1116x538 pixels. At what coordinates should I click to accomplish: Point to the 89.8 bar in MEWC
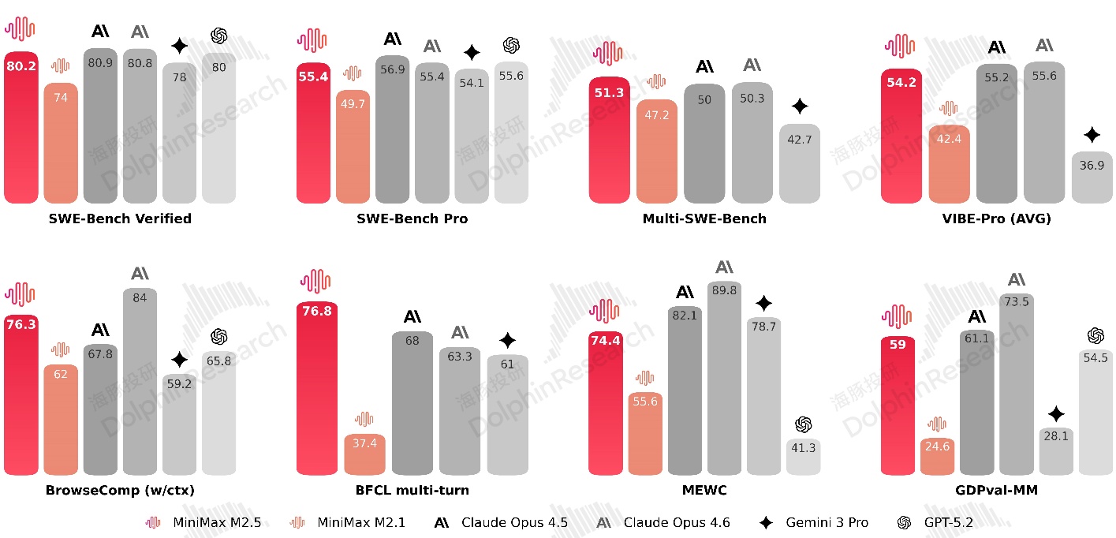(x=724, y=379)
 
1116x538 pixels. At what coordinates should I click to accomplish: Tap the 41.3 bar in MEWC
(x=803, y=458)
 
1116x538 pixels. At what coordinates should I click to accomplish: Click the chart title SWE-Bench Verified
(x=120, y=219)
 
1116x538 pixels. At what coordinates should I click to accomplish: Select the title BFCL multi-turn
(x=412, y=490)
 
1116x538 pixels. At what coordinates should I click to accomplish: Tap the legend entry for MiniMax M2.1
(x=348, y=522)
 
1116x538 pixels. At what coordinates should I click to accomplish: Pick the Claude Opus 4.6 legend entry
(x=663, y=522)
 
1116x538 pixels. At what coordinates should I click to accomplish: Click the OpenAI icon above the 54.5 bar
(x=1095, y=336)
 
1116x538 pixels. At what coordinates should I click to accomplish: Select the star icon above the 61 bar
(x=508, y=341)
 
